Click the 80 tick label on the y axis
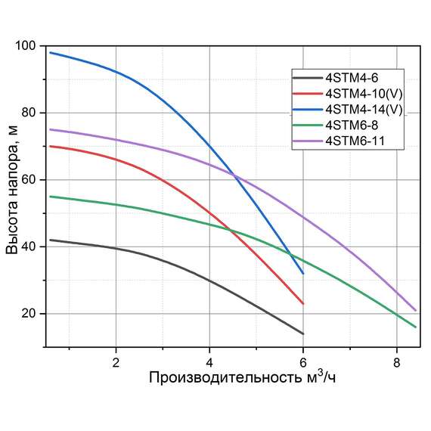[28, 113]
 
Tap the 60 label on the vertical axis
[28, 180]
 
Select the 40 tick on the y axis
[28, 247]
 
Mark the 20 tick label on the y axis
[28, 314]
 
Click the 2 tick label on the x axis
[116, 361]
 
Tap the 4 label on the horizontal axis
[209, 361]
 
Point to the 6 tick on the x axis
[303, 361]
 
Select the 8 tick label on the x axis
[397, 361]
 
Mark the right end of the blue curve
[303, 274]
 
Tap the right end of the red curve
[303, 304]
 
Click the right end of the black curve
[303, 333]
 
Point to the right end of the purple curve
[416, 310]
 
